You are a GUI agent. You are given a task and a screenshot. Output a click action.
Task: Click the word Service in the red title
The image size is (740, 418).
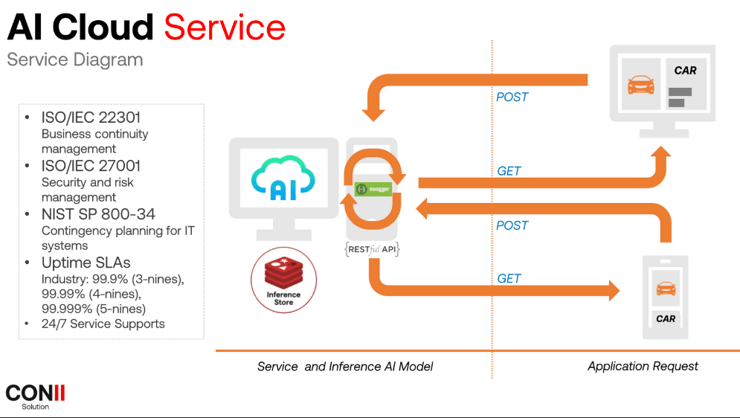coord(225,28)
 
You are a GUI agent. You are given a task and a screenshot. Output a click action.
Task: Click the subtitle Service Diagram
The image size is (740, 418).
coord(74,60)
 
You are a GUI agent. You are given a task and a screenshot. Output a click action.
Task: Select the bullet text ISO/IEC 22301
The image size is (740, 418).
coord(91,118)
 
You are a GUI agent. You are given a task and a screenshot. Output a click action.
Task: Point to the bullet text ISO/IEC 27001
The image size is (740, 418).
coord(91,166)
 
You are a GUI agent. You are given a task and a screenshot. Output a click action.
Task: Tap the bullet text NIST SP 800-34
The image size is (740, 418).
coord(98,215)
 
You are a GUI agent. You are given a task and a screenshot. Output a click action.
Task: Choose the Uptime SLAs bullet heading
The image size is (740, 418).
coord(86,263)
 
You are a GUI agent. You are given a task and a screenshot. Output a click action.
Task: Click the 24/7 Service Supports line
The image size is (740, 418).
coord(103,324)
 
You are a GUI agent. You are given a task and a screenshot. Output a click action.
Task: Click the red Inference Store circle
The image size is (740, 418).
coord(283,280)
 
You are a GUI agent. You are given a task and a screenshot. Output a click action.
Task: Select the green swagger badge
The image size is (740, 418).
coord(373,189)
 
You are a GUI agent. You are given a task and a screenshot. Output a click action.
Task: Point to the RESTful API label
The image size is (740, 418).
coord(373,250)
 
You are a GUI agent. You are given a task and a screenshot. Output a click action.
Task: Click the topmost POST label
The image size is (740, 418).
coord(512,97)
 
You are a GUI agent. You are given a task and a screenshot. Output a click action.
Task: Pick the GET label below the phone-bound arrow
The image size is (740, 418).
coord(509,278)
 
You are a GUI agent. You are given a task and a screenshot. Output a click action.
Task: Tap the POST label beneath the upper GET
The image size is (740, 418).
coord(512,225)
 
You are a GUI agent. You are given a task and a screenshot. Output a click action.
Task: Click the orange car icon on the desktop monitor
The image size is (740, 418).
coord(640,85)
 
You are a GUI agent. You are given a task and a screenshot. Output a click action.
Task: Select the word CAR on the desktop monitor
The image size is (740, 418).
coord(685,71)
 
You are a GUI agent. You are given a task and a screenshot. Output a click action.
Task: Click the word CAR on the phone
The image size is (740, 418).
coord(666,318)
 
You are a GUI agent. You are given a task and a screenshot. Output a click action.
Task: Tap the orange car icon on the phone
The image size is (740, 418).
coord(666,288)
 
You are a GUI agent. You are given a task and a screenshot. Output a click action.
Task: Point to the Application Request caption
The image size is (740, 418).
coord(643,366)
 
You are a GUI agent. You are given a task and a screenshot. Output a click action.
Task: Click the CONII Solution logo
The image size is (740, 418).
coord(35,396)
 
